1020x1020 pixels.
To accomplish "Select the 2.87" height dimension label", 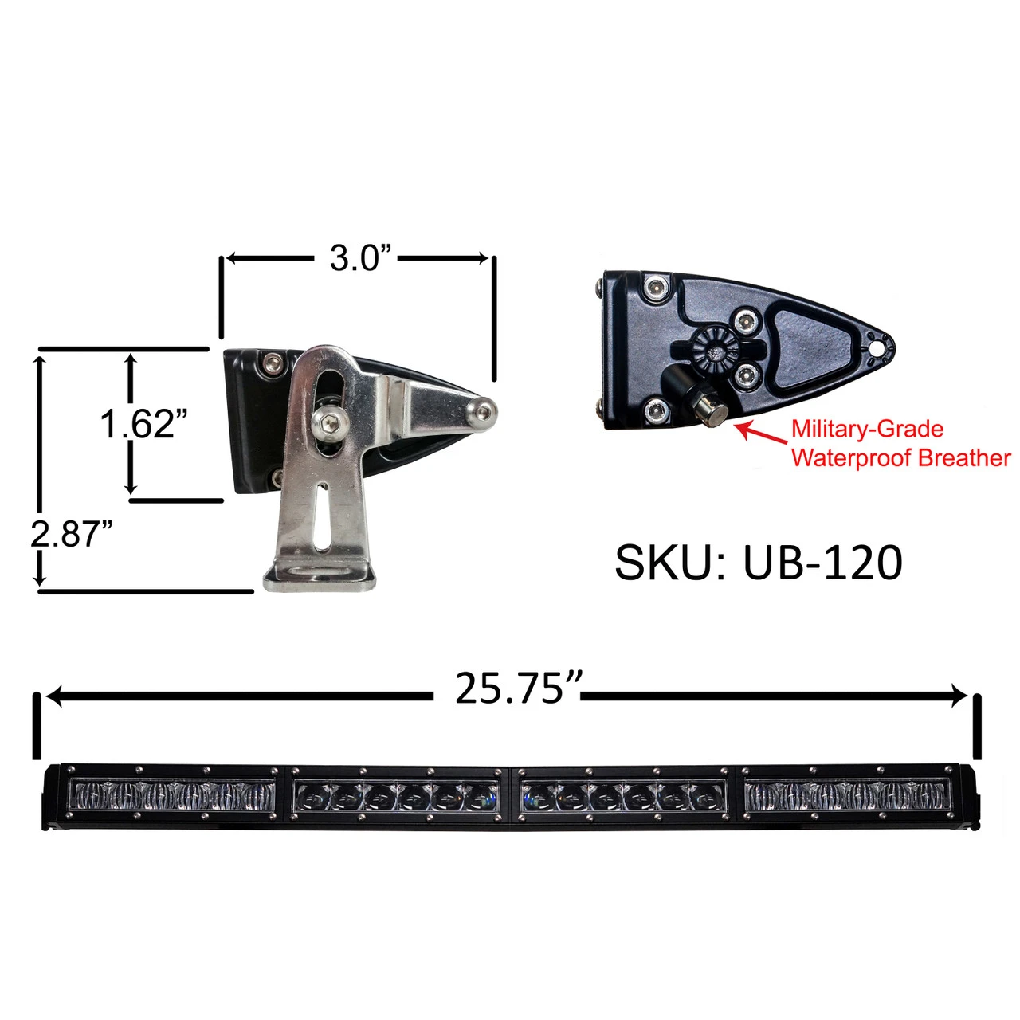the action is [72, 534].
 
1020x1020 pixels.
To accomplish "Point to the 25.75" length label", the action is [507, 688].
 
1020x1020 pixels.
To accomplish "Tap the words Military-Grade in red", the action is [867, 429].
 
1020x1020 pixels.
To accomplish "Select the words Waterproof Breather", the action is [901, 458].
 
